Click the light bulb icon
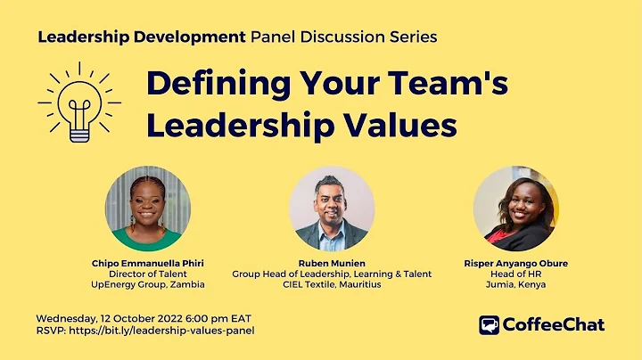coord(79,106)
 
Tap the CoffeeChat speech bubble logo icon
coord(489,325)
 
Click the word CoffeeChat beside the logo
coord(554,325)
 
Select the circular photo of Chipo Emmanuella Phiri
coord(147,209)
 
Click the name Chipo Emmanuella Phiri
coord(148,264)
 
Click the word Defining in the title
coord(208,86)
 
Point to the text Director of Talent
coord(148,274)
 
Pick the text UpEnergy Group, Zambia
coord(148,285)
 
